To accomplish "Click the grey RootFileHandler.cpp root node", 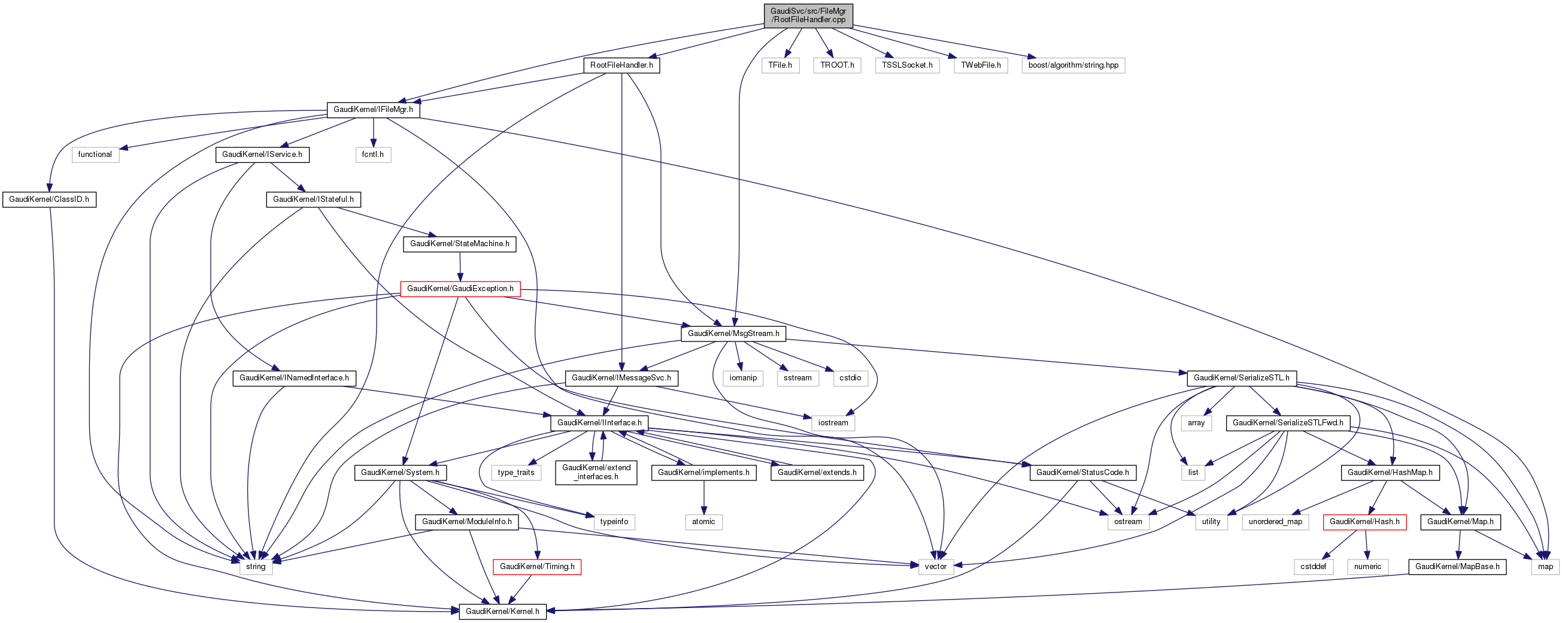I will pyautogui.click(x=808, y=15).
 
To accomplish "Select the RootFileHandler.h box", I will pyautogui.click(x=621, y=65).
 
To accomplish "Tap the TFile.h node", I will pyautogui.click(x=780, y=65).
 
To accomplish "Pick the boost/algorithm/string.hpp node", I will pyautogui.click(x=1073, y=65).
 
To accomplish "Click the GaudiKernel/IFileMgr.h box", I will pyautogui.click(x=373, y=110).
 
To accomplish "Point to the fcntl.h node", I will pyautogui.click(x=373, y=155).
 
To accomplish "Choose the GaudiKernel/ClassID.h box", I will pyautogui.click(x=49, y=199).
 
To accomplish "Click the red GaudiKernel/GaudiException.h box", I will pyautogui.click(x=460, y=289).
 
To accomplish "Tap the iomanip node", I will pyautogui.click(x=743, y=378).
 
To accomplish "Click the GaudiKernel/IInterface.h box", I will pyautogui.click(x=599, y=423).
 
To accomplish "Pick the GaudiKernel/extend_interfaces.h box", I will pyautogui.click(x=596, y=472).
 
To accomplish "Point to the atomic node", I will pyautogui.click(x=703, y=522).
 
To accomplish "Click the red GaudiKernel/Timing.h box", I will pyautogui.click(x=537, y=567).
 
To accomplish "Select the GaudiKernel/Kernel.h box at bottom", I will pyautogui.click(x=502, y=612).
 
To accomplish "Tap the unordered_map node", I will pyautogui.click(x=1275, y=522).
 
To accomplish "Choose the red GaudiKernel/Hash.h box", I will pyautogui.click(x=1364, y=522).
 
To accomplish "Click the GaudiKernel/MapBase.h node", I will pyautogui.click(x=1457, y=567).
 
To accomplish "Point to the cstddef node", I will pyautogui.click(x=1314, y=567).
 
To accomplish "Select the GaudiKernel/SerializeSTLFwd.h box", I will pyautogui.click(x=1288, y=423).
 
